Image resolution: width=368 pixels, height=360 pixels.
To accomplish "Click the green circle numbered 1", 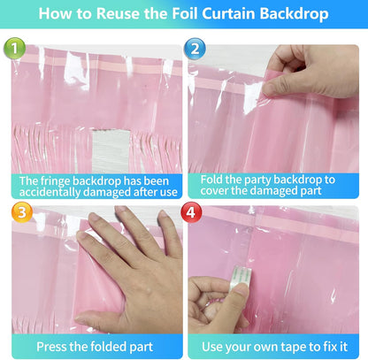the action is (x=14, y=48).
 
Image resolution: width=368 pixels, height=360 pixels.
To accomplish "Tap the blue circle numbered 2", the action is (x=195, y=49).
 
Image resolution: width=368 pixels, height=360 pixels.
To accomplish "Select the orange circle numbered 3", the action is (x=22, y=212).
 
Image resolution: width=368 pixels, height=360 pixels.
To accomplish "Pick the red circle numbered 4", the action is (x=191, y=212).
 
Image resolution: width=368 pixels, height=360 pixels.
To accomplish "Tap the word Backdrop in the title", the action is (x=295, y=14).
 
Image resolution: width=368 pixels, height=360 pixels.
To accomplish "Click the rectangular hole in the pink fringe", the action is (x=111, y=151).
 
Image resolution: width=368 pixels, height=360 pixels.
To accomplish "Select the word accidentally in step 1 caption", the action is (x=50, y=192).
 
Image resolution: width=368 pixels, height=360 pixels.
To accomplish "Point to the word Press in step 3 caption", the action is (x=51, y=347).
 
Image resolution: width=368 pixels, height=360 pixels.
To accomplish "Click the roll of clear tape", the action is (x=241, y=277).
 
